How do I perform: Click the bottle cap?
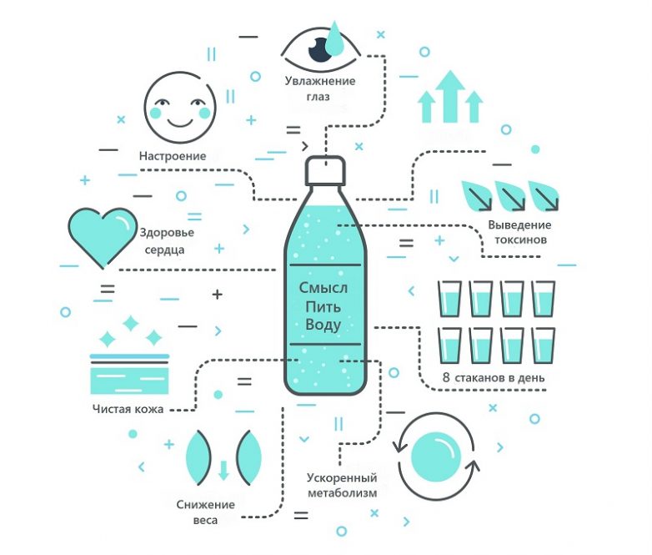click(x=326, y=172)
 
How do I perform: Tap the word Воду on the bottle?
click(x=323, y=325)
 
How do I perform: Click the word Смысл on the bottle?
click(x=323, y=287)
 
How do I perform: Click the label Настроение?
click(x=173, y=155)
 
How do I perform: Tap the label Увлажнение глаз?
click(x=319, y=88)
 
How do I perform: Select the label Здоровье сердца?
click(x=167, y=240)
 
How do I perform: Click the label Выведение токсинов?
click(x=519, y=232)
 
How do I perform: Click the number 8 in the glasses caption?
click(x=446, y=377)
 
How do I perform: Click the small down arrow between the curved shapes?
click(x=223, y=470)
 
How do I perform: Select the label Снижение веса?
click(x=205, y=512)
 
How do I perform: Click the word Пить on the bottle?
click(x=323, y=306)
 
